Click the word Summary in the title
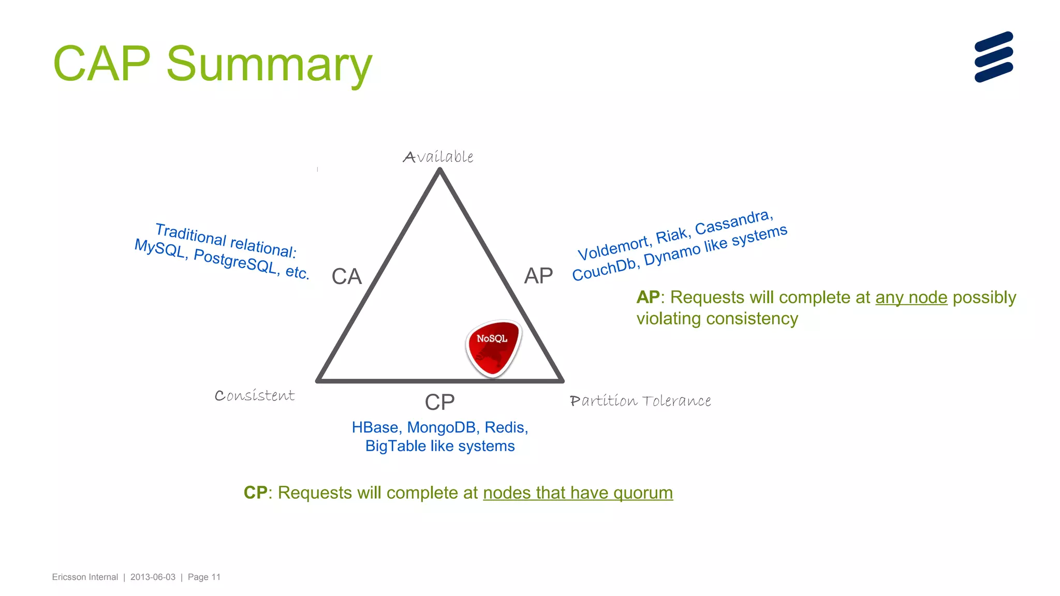tap(269, 65)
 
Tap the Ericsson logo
tap(993, 57)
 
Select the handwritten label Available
tap(438, 157)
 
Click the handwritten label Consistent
tap(255, 396)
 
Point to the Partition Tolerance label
tap(640, 401)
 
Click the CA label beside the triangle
tap(346, 276)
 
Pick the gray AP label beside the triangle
tap(538, 276)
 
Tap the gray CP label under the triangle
tap(439, 402)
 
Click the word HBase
tap(375, 427)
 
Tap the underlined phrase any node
tap(911, 297)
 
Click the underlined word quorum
tap(643, 493)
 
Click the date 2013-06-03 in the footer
tap(153, 577)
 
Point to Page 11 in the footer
tap(204, 577)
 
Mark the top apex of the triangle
tap(440, 172)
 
